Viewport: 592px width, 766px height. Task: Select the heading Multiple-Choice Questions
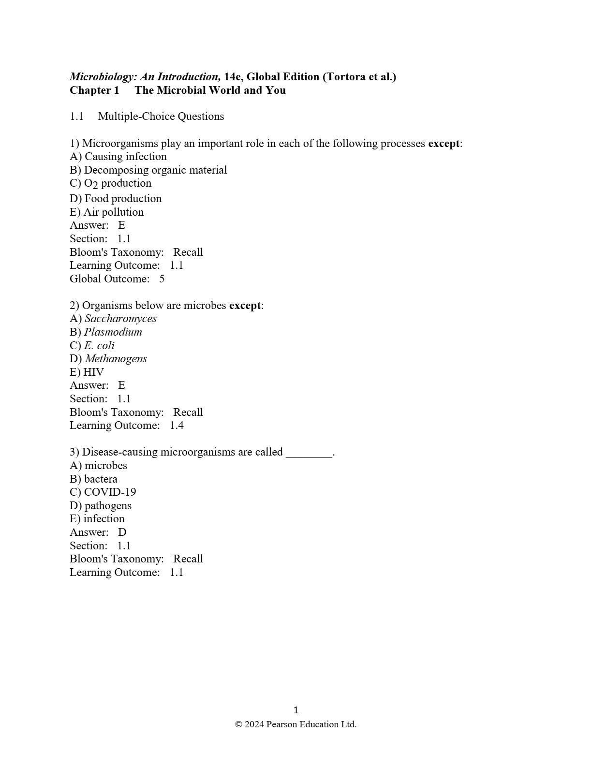pyautogui.click(x=161, y=117)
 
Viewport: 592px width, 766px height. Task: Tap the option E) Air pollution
pyautogui.click(x=107, y=212)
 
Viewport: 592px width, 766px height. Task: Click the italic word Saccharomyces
pyautogui.click(x=120, y=319)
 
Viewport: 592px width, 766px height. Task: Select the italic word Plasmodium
pyautogui.click(x=113, y=332)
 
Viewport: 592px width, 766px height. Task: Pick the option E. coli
pyautogui.click(x=99, y=346)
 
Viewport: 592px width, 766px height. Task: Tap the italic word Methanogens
pyautogui.click(x=116, y=359)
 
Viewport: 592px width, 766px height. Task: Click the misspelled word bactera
pyautogui.click(x=101, y=479)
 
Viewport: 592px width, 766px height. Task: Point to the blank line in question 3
pyautogui.click(x=309, y=454)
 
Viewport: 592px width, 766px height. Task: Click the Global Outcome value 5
pyautogui.click(x=162, y=279)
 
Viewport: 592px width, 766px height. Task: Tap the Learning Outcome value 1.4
pyautogui.click(x=177, y=426)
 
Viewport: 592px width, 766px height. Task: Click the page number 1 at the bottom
pyautogui.click(x=296, y=710)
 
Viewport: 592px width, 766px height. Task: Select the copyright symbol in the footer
pyautogui.click(x=238, y=724)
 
